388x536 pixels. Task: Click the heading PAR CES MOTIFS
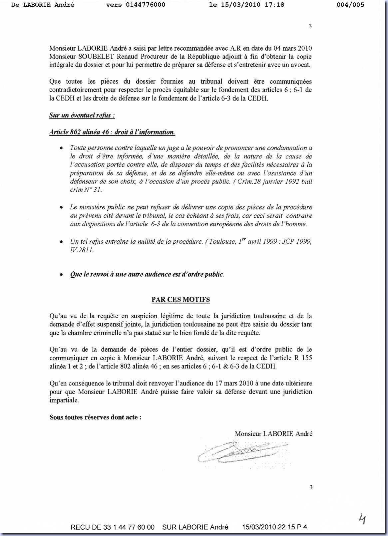point(181,299)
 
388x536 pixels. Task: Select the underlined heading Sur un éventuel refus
point(82,116)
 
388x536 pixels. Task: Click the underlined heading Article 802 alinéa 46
point(112,132)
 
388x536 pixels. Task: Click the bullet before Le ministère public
point(61,207)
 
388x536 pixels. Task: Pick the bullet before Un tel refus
point(61,242)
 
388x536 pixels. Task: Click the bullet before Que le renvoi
point(61,275)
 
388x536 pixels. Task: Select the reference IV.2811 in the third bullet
point(82,250)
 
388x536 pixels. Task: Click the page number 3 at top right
point(310,26)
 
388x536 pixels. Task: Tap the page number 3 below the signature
point(311,487)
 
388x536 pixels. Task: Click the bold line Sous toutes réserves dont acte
point(96,417)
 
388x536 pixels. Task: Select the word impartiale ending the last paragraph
point(64,400)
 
